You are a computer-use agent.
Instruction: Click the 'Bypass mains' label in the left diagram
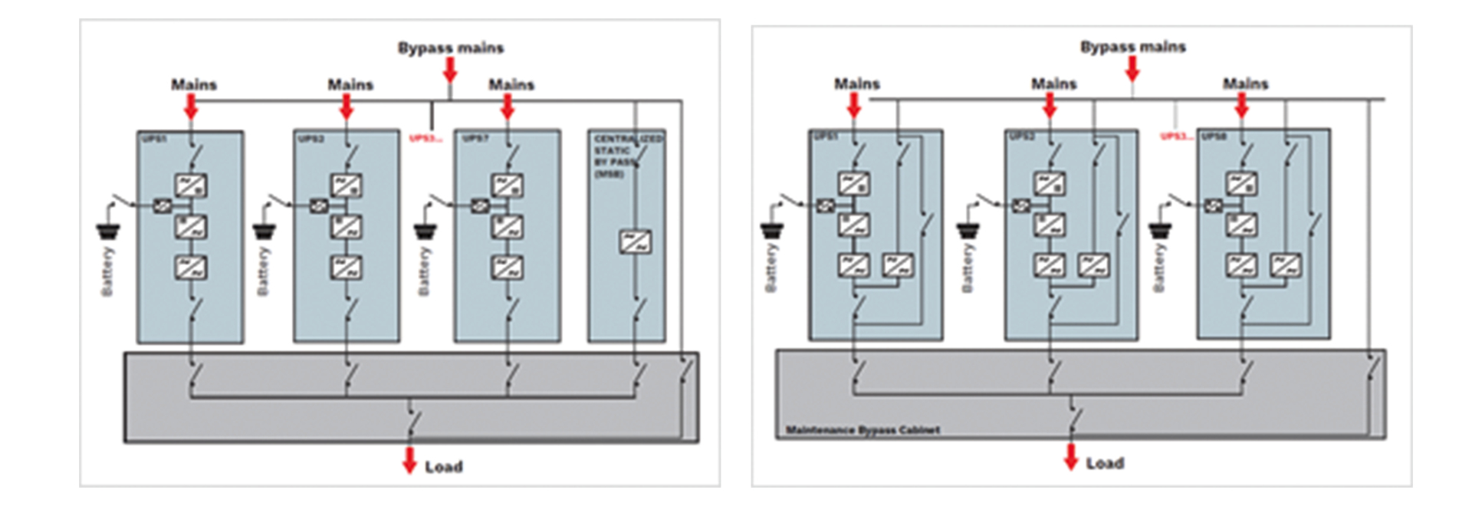tap(450, 48)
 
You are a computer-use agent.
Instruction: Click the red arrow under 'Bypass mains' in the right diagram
tap(1132, 69)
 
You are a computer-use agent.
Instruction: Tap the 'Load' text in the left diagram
tap(443, 467)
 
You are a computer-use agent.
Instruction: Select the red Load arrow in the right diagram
tap(1071, 456)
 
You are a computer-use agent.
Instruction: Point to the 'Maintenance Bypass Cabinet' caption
tap(863, 430)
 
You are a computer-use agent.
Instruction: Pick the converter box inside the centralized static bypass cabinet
tap(635, 242)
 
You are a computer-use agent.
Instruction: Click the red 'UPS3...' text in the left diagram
tap(426, 139)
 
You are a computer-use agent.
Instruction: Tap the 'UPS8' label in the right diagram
tap(1214, 136)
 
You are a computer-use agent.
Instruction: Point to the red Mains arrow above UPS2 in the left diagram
tap(347, 107)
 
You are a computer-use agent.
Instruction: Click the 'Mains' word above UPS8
tap(1245, 84)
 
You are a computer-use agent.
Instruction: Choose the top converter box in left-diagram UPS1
tap(190, 186)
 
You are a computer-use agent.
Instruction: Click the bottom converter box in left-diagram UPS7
tap(507, 267)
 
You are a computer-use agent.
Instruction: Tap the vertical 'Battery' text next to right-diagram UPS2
tap(967, 268)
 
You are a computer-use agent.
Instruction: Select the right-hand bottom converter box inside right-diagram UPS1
tap(896, 265)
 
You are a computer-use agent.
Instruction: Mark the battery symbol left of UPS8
tap(1159, 229)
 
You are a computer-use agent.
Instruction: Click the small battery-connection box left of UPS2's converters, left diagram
tap(319, 205)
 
